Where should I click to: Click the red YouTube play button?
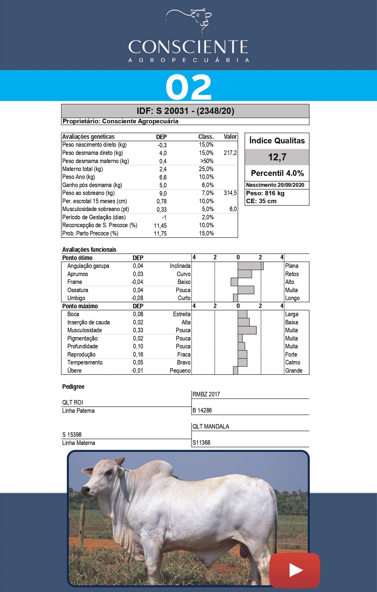click(x=295, y=570)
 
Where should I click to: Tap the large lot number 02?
click(x=188, y=87)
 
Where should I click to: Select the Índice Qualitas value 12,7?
click(x=277, y=157)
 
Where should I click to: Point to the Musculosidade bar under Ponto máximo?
click(x=247, y=330)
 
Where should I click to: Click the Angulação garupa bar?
click(x=250, y=266)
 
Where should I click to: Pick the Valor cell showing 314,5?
click(x=230, y=193)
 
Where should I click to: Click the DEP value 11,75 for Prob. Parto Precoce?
click(x=160, y=234)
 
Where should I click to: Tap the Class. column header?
click(x=206, y=137)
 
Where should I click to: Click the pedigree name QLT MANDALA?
click(x=211, y=426)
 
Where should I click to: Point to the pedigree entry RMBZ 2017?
click(x=206, y=394)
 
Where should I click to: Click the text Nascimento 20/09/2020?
click(x=275, y=185)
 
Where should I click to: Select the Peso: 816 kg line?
click(x=265, y=193)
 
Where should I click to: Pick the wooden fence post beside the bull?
click(x=82, y=522)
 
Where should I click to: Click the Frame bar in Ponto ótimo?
click(x=234, y=282)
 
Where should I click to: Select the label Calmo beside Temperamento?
click(x=293, y=362)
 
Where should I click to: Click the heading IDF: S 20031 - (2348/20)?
click(x=185, y=111)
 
